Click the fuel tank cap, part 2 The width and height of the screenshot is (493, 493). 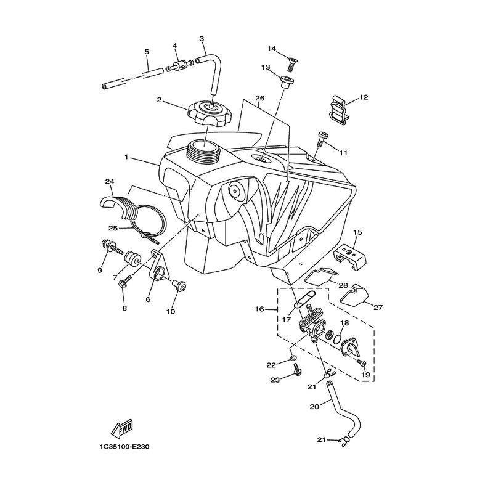point(209,113)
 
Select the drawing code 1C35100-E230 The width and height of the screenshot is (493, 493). point(124,447)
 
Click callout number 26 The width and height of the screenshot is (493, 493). point(259,98)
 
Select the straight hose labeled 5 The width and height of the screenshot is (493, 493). point(132,78)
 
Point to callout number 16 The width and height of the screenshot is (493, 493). point(259,309)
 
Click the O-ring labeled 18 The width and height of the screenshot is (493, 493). point(336,338)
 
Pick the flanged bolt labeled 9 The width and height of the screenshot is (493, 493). point(111,247)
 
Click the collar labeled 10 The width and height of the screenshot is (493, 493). point(179,286)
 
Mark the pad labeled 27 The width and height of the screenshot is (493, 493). point(355,295)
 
